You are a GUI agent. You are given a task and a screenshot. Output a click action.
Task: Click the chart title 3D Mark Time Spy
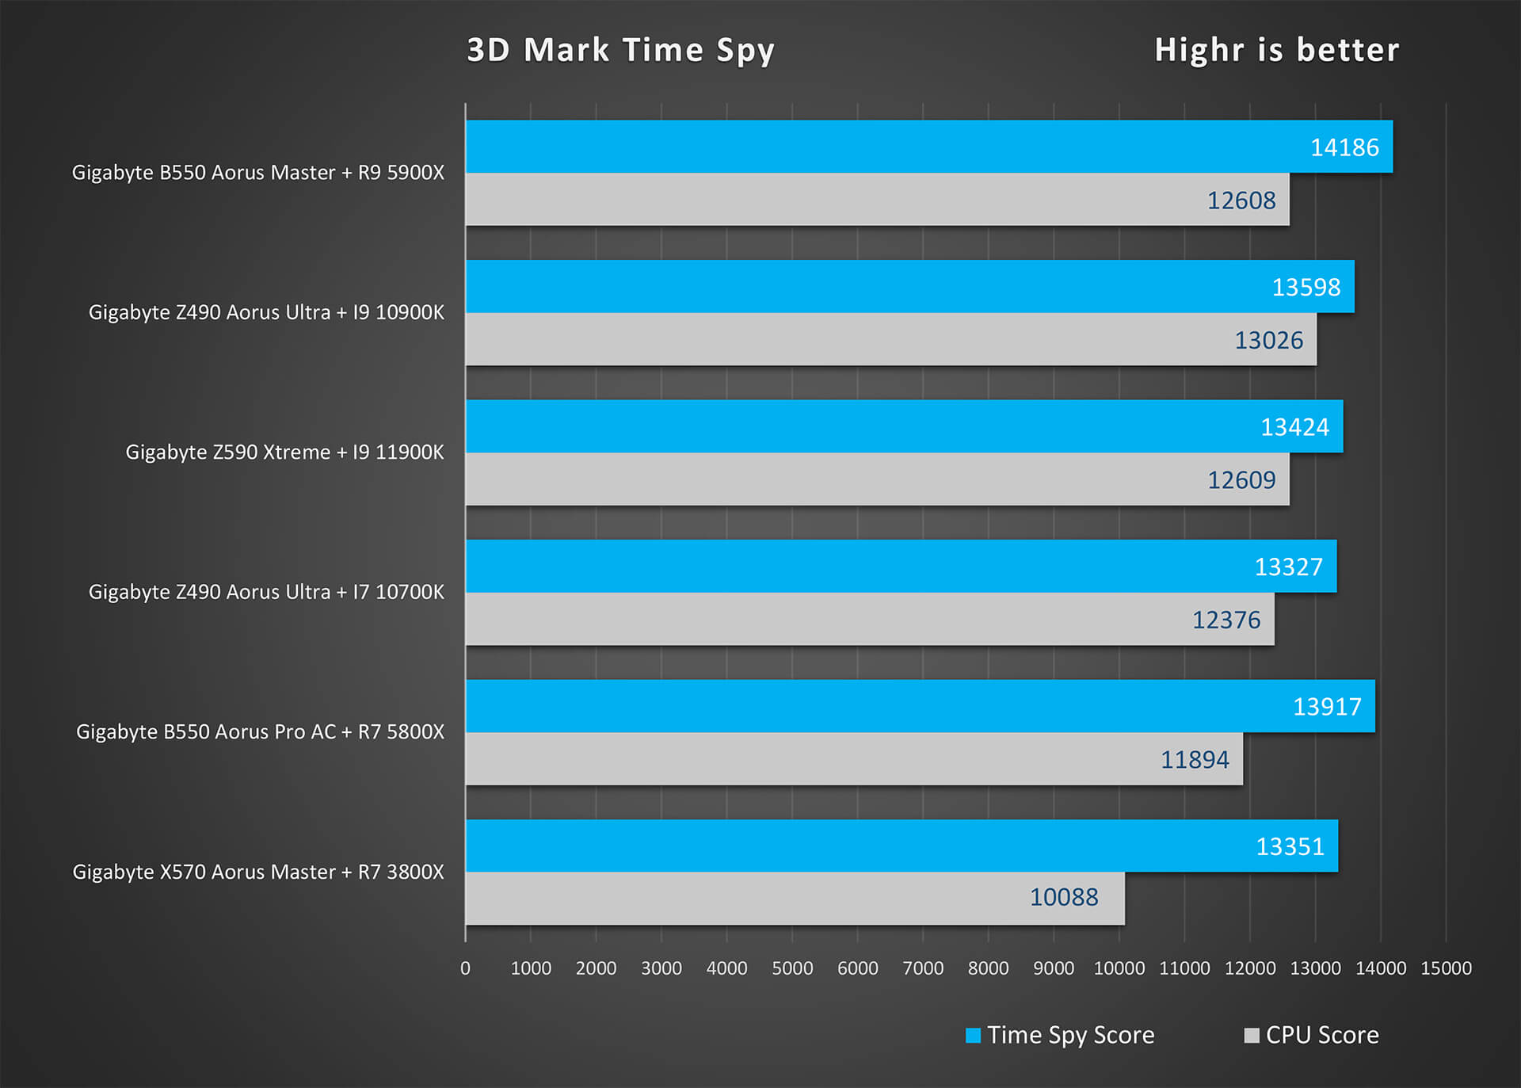[620, 51]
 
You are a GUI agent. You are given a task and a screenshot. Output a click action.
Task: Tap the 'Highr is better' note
[1276, 51]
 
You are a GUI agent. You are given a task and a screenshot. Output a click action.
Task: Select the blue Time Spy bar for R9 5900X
[871, 147]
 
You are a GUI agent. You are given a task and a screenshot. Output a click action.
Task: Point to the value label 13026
[1268, 341]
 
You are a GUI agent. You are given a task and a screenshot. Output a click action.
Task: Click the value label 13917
[1327, 707]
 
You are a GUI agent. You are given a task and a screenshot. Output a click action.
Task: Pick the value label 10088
[1063, 898]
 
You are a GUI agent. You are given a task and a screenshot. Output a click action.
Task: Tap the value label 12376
[1226, 620]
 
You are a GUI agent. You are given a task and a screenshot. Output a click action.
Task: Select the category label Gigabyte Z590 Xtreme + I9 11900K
[284, 452]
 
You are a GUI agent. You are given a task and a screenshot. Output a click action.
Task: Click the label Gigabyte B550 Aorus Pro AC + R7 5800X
[260, 732]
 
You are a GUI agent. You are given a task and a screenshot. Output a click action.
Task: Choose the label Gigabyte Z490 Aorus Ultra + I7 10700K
[266, 592]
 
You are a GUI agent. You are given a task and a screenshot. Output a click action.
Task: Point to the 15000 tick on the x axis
[1446, 968]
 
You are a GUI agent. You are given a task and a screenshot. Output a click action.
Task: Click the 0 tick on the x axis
[465, 968]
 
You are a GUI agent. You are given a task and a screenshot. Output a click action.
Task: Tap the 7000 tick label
[923, 968]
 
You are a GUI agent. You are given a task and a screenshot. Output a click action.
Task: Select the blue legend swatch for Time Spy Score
[973, 1036]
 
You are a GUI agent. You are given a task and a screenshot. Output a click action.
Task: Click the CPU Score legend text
[1321, 1036]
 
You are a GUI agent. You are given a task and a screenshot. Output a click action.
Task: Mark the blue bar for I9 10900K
[871, 286]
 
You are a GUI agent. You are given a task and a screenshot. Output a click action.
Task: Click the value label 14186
[1344, 148]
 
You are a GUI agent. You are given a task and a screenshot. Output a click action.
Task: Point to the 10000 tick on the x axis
[1119, 968]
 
